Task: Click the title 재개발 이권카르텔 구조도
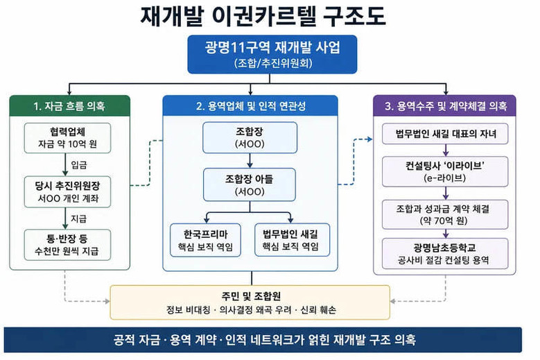[x=263, y=16]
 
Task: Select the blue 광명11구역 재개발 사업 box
[x=272, y=54]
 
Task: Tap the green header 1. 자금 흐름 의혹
[x=69, y=105]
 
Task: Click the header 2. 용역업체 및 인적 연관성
[x=250, y=105]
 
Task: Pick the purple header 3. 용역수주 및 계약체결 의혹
[x=444, y=105]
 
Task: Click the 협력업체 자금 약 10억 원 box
[x=67, y=138]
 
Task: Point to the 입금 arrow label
[x=79, y=164]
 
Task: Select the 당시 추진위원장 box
[x=67, y=192]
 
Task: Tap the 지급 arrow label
[x=79, y=218]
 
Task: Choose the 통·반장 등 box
[x=67, y=245]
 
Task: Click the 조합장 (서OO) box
[x=250, y=137]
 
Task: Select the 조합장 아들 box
[x=250, y=185]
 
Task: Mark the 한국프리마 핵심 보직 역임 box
[x=205, y=240]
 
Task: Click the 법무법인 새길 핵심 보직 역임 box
[x=292, y=240]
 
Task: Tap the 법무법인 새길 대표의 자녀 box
[x=445, y=134]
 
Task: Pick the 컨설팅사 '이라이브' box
[x=445, y=171]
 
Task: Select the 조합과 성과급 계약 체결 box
[x=445, y=214]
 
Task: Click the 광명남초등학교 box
[x=445, y=253]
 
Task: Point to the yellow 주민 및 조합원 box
[x=250, y=302]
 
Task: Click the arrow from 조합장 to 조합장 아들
[x=250, y=160]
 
